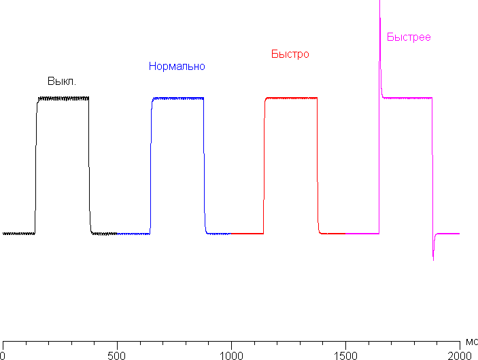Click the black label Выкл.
click(61, 82)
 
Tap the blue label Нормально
click(177, 67)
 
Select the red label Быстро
click(290, 54)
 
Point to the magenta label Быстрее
click(409, 37)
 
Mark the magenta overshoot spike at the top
click(379, 14)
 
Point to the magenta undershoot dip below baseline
click(433, 255)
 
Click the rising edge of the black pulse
click(36, 166)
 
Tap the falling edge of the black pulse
click(89, 166)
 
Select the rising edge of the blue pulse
click(151, 166)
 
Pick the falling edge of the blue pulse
click(204, 166)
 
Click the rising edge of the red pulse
click(264, 166)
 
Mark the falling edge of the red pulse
click(318, 166)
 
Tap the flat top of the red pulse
click(291, 98)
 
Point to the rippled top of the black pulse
click(63, 98)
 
